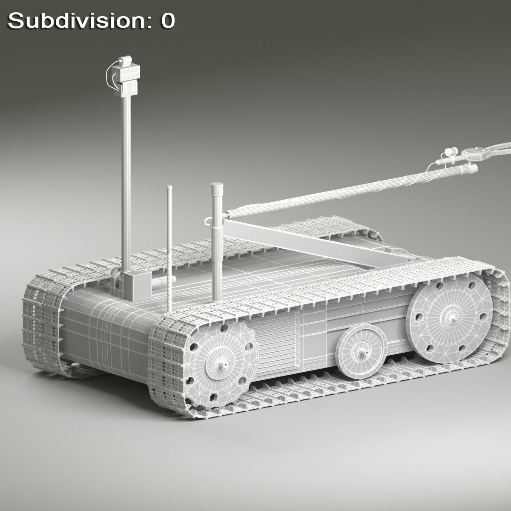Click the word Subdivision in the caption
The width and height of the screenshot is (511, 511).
click(77, 21)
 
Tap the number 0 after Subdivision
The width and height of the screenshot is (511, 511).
click(167, 21)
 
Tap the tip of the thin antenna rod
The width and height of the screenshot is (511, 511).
click(170, 187)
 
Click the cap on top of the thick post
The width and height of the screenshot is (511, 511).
click(217, 189)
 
